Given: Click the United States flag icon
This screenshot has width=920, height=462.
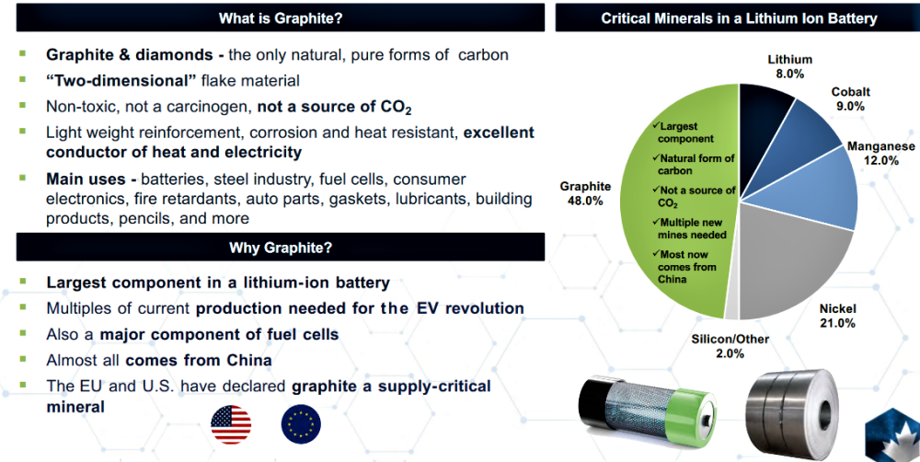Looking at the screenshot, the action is (x=231, y=424).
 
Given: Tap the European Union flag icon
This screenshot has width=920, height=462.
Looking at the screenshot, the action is (x=301, y=424).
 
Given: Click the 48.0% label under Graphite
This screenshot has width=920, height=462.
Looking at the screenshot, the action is (x=585, y=201).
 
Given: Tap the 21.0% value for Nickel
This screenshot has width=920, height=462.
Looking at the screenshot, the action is (x=837, y=323).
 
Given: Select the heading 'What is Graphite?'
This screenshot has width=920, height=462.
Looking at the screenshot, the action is (x=281, y=18).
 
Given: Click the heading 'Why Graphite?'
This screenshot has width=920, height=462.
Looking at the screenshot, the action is (x=281, y=248).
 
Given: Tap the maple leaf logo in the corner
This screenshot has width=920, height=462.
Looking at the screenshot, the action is (x=893, y=434).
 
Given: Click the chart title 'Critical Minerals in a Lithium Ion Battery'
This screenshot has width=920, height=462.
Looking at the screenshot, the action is (x=739, y=18).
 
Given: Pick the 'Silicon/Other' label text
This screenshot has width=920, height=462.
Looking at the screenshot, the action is (x=730, y=339).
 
